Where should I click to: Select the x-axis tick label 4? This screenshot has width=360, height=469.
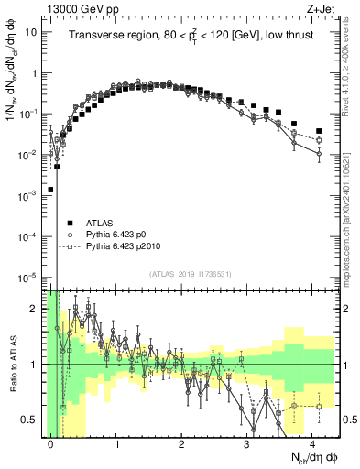(313, 442)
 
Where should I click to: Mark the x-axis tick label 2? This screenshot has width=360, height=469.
(182, 442)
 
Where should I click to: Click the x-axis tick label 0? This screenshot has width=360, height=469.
(51, 442)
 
